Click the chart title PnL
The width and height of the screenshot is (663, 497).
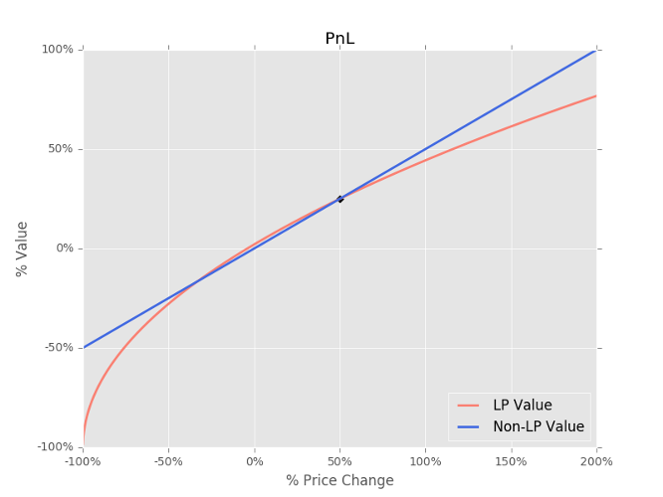pos(339,39)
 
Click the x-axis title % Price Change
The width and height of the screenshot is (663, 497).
pos(339,481)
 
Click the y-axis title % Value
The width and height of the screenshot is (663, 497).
pos(22,248)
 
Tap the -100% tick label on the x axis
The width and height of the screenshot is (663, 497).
pos(84,462)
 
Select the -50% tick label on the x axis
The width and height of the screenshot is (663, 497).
pos(169,462)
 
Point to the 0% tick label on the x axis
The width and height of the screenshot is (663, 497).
pos(255,462)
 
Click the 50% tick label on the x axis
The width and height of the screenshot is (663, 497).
pos(340,462)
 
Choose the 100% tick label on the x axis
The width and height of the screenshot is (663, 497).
pos(425,462)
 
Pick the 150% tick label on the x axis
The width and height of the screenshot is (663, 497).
pos(511,462)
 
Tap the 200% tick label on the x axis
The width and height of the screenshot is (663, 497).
pos(596,462)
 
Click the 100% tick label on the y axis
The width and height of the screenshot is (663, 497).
pos(58,50)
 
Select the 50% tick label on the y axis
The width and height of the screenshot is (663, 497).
pos(61,149)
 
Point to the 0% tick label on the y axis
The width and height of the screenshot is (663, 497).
pos(64,248)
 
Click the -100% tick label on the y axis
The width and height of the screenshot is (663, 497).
pos(56,447)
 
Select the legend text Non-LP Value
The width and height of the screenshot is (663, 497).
pos(538,427)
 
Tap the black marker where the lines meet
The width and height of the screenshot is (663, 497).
pos(339,199)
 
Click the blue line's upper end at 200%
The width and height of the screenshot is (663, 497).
pos(595,50)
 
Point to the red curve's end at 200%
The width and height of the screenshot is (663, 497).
pos(595,96)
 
